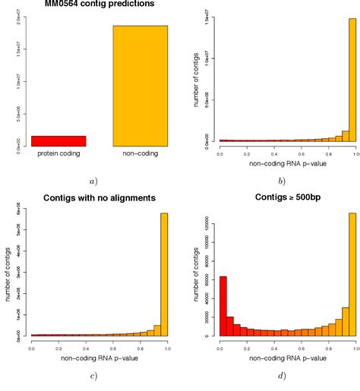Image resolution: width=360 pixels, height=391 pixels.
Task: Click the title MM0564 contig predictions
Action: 90,5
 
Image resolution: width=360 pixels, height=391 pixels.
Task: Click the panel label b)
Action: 282,181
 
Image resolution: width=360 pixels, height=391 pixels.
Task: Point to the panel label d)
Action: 282,376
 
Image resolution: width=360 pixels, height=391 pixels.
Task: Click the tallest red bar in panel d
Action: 223,306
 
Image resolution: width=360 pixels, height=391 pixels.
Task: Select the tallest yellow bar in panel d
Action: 352,274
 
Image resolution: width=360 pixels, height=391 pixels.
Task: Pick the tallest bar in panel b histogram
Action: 352,80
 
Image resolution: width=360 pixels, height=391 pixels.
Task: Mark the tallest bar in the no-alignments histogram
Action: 163,274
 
